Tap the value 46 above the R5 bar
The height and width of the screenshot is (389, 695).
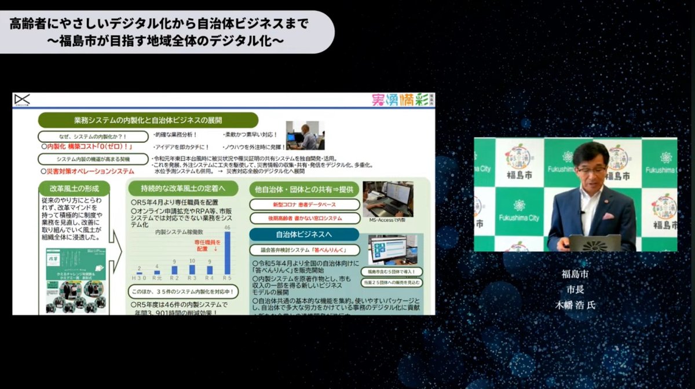point(227,228)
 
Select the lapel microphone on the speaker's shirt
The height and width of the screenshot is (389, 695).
point(583,212)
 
